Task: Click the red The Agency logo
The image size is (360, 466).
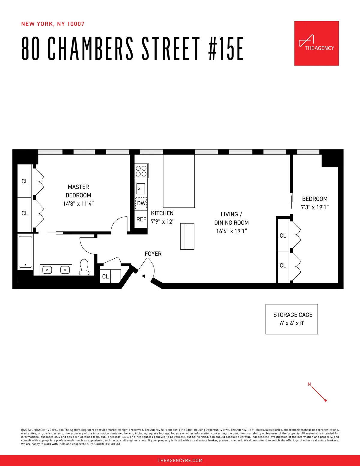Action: (x=316, y=43)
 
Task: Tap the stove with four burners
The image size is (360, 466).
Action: (x=141, y=171)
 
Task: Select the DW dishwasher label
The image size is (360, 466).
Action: (x=141, y=203)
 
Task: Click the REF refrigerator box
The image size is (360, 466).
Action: (x=141, y=219)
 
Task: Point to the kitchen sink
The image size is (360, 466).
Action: (x=141, y=189)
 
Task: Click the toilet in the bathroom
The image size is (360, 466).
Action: (x=84, y=267)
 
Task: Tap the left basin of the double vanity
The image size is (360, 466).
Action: (x=47, y=270)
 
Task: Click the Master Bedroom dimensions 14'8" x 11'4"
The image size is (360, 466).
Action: (x=78, y=204)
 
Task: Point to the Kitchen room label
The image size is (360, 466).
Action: (x=162, y=213)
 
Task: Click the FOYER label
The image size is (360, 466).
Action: (x=153, y=254)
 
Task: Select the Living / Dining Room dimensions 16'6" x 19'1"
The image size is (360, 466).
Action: (x=231, y=231)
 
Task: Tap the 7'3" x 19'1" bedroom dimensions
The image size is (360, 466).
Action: (x=315, y=207)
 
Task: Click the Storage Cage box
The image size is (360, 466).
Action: (x=292, y=319)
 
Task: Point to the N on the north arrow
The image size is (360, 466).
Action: (x=309, y=384)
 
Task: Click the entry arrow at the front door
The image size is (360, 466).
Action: (x=144, y=276)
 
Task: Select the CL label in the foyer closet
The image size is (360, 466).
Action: (x=105, y=276)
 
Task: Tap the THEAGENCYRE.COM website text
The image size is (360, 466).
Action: (x=180, y=460)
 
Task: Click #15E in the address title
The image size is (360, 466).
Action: (x=226, y=49)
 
